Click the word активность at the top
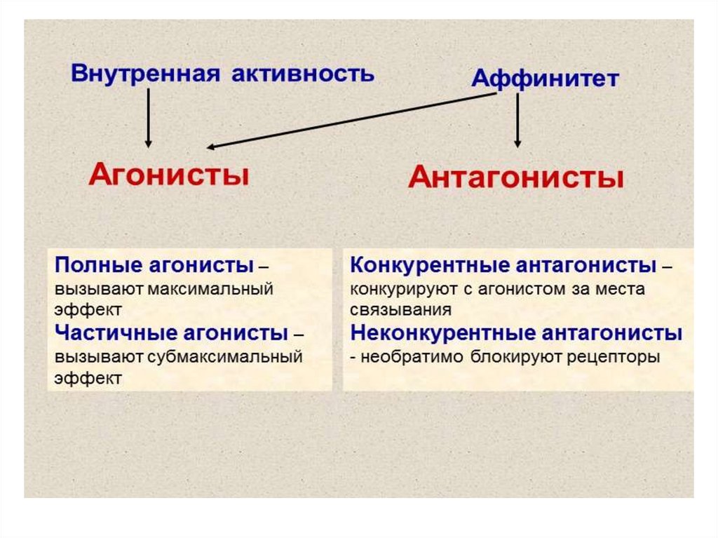click(303, 73)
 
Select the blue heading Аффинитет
click(545, 78)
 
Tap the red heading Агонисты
click(168, 173)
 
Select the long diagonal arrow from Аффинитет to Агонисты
click(351, 121)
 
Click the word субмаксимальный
click(226, 355)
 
